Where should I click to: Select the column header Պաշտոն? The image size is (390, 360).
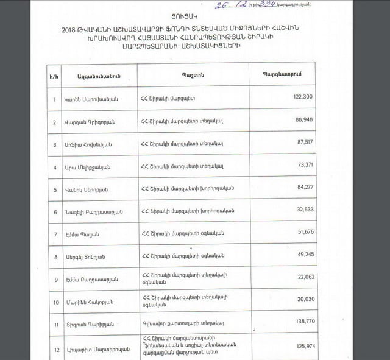point(191,76)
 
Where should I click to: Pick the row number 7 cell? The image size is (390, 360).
point(55,235)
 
